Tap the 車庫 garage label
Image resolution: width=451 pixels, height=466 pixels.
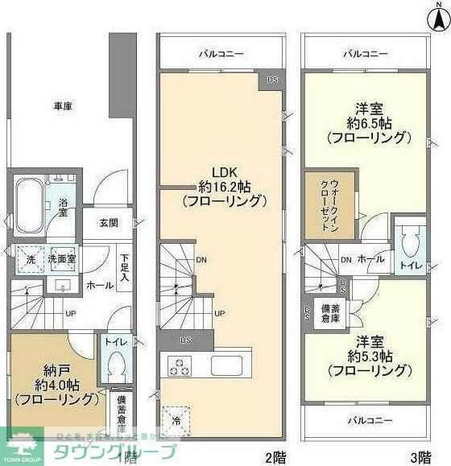[x=64, y=105]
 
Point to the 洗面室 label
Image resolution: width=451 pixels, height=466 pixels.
[x=60, y=260]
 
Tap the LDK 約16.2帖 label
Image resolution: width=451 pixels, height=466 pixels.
[x=222, y=186]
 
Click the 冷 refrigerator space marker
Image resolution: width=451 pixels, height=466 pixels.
[x=176, y=419]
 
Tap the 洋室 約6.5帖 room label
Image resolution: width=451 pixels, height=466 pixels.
[x=365, y=122]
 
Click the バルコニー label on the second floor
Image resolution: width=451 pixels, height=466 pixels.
[x=222, y=54]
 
